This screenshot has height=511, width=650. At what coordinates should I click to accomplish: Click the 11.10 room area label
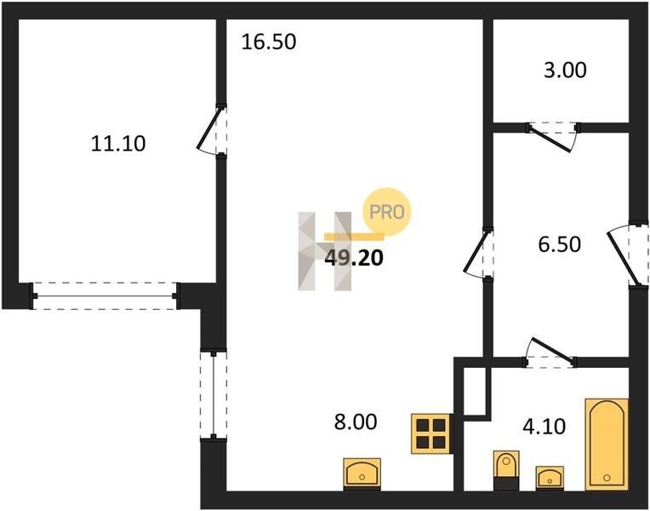[x=118, y=144]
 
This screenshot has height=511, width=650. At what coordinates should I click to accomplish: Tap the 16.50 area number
[x=269, y=42]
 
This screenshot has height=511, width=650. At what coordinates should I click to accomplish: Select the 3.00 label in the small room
[x=565, y=70]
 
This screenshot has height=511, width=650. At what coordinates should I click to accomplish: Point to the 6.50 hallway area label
[x=559, y=244]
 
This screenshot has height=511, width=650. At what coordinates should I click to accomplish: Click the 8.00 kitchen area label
[x=356, y=422]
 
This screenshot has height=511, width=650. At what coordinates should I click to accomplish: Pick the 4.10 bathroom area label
[x=544, y=427]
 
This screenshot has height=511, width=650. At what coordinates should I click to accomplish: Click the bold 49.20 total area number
[x=354, y=258]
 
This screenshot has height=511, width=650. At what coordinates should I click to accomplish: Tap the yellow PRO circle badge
[x=386, y=212]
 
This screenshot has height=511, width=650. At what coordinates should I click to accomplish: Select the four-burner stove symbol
[x=430, y=433]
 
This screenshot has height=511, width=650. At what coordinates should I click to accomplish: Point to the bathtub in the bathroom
[x=607, y=445]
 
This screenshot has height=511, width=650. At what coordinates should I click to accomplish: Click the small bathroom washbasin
[x=550, y=478]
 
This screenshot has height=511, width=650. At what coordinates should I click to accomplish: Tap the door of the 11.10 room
[x=211, y=130]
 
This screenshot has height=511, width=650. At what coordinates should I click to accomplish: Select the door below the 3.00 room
[x=552, y=136]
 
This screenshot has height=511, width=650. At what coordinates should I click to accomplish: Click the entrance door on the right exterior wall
[x=627, y=255]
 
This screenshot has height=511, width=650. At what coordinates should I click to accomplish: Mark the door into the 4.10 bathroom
[x=550, y=353]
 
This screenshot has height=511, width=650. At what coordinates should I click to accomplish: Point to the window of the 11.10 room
[x=105, y=296]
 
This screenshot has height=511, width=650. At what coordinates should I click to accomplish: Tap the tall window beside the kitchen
[x=214, y=395]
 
